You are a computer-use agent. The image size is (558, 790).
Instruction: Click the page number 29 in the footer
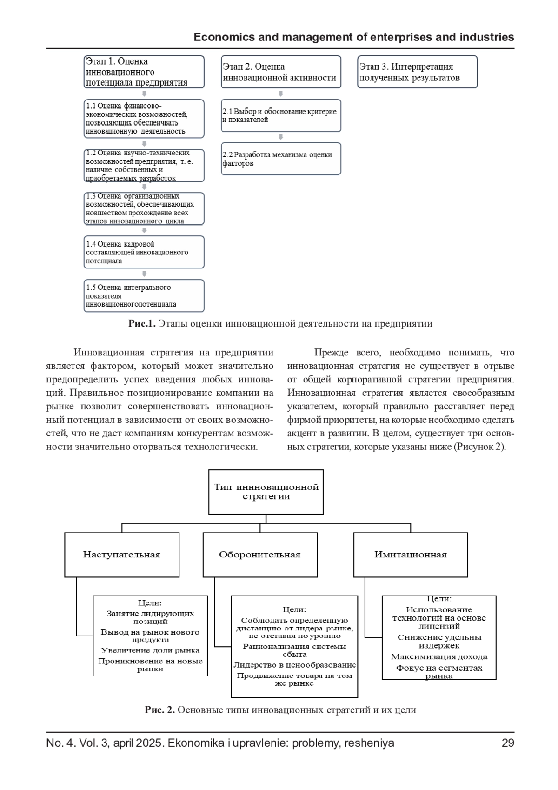508,743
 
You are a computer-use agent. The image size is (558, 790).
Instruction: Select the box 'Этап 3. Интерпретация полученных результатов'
418,72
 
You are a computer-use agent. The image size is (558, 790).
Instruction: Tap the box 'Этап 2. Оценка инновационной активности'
281,72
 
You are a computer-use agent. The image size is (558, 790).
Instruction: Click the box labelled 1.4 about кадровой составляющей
144,252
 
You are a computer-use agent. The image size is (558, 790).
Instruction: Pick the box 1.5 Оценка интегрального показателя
144,295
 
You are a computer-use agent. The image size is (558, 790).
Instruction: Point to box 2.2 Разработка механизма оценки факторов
281,159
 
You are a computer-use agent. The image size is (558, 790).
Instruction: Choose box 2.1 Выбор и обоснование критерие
281,115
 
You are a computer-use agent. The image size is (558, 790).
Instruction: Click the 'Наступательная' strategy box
122,555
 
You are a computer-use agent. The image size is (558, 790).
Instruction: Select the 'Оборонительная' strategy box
260,555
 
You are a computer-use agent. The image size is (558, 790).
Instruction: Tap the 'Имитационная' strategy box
411,555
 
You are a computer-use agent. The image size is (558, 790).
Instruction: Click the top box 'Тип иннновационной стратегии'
266,492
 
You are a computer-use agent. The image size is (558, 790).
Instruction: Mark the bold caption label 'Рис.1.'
142,324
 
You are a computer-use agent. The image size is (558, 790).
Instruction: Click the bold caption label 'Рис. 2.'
159,710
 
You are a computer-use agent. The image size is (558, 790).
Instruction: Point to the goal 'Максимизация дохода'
439,657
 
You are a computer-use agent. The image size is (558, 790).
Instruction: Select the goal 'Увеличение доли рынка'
150,650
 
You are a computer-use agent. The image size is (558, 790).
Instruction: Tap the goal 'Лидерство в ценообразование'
294,665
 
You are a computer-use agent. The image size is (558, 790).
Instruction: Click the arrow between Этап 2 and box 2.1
281,94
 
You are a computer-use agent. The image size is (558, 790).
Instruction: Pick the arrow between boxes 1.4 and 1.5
144,274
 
